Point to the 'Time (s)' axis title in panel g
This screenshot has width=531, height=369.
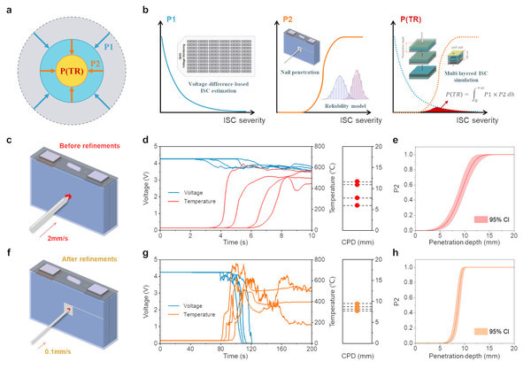235,362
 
